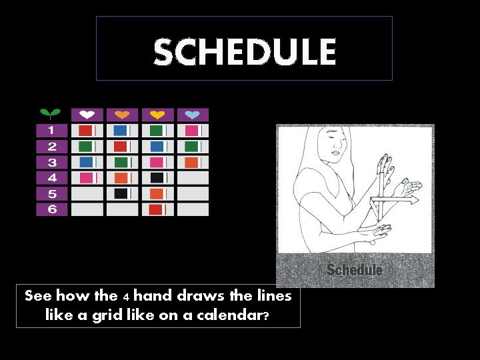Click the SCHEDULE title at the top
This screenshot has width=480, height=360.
(245, 52)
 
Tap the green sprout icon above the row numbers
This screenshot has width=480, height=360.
(50, 114)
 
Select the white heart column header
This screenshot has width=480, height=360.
(87, 115)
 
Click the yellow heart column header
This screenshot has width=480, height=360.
(157, 115)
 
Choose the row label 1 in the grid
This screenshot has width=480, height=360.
(51, 131)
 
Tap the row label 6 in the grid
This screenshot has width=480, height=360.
(52, 209)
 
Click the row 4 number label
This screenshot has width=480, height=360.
(52, 178)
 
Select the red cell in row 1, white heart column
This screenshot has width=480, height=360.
(85, 131)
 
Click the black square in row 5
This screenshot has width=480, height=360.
(121, 193)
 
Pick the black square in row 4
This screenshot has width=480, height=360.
(157, 178)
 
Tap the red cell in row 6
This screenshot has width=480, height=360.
(155, 209)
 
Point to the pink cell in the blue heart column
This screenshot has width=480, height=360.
(192, 131)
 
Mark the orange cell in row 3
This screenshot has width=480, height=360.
(192, 162)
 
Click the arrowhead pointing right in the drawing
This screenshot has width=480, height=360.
(414, 199)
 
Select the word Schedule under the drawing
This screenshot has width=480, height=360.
(354, 270)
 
